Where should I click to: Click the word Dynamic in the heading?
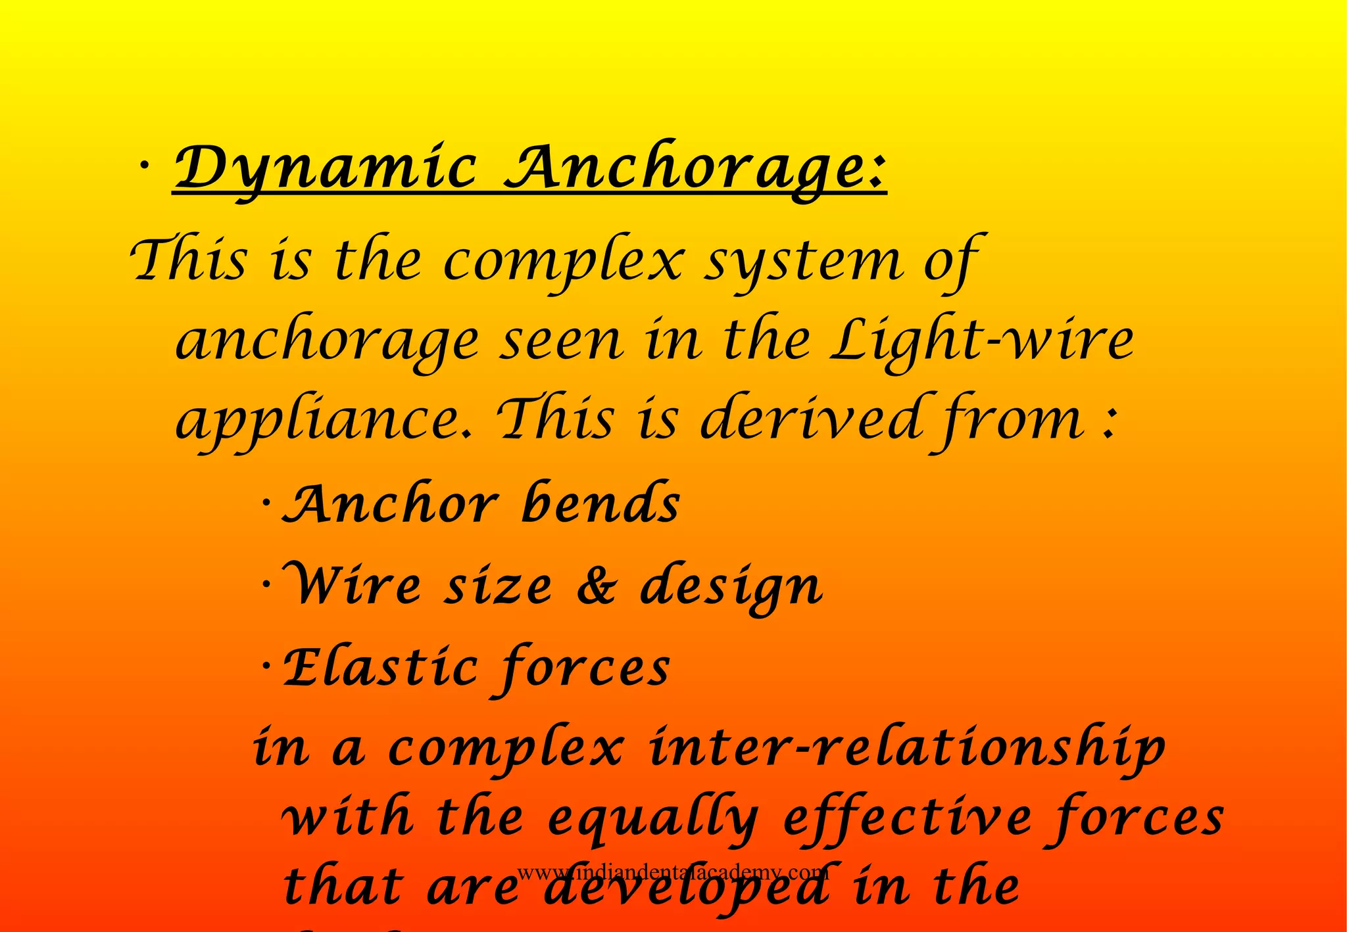point(326,168)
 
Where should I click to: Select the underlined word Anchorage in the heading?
point(696,168)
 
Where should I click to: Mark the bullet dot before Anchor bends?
point(266,503)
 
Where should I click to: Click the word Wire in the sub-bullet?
point(352,584)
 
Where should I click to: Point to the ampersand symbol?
point(596,586)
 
